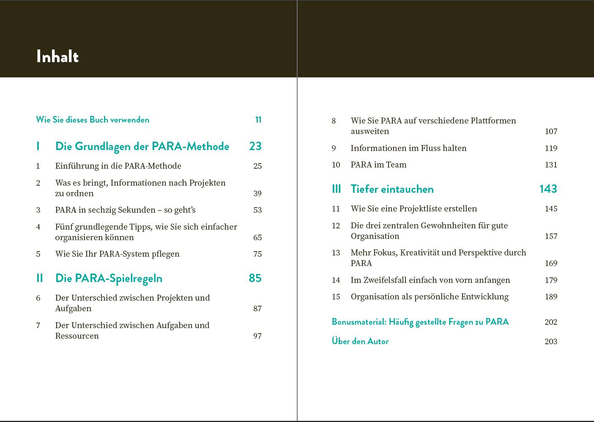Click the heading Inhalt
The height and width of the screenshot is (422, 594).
57,57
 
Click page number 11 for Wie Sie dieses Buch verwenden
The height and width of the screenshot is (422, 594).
258,120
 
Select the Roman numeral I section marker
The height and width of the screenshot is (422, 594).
38,146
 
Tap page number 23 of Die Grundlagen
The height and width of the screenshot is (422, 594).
255,146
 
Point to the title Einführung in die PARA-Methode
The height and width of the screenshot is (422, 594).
118,166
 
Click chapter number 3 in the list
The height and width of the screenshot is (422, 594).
38,210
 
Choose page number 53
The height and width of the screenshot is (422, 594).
257,210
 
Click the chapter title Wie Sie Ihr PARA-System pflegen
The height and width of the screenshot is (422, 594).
117,254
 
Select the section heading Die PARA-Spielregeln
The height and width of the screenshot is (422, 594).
109,278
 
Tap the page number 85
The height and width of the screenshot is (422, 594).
255,278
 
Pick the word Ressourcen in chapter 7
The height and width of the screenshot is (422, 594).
77,336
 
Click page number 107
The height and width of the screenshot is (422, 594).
551,132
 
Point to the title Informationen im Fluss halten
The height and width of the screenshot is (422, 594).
408,148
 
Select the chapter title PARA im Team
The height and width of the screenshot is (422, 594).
378,165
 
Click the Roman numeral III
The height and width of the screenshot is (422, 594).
336,189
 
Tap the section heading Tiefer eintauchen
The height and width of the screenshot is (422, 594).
392,189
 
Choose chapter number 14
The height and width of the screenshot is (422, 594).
336,280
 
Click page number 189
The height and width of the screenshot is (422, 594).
551,297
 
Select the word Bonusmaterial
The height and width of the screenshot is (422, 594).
359,322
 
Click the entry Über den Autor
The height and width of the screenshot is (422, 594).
360,341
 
